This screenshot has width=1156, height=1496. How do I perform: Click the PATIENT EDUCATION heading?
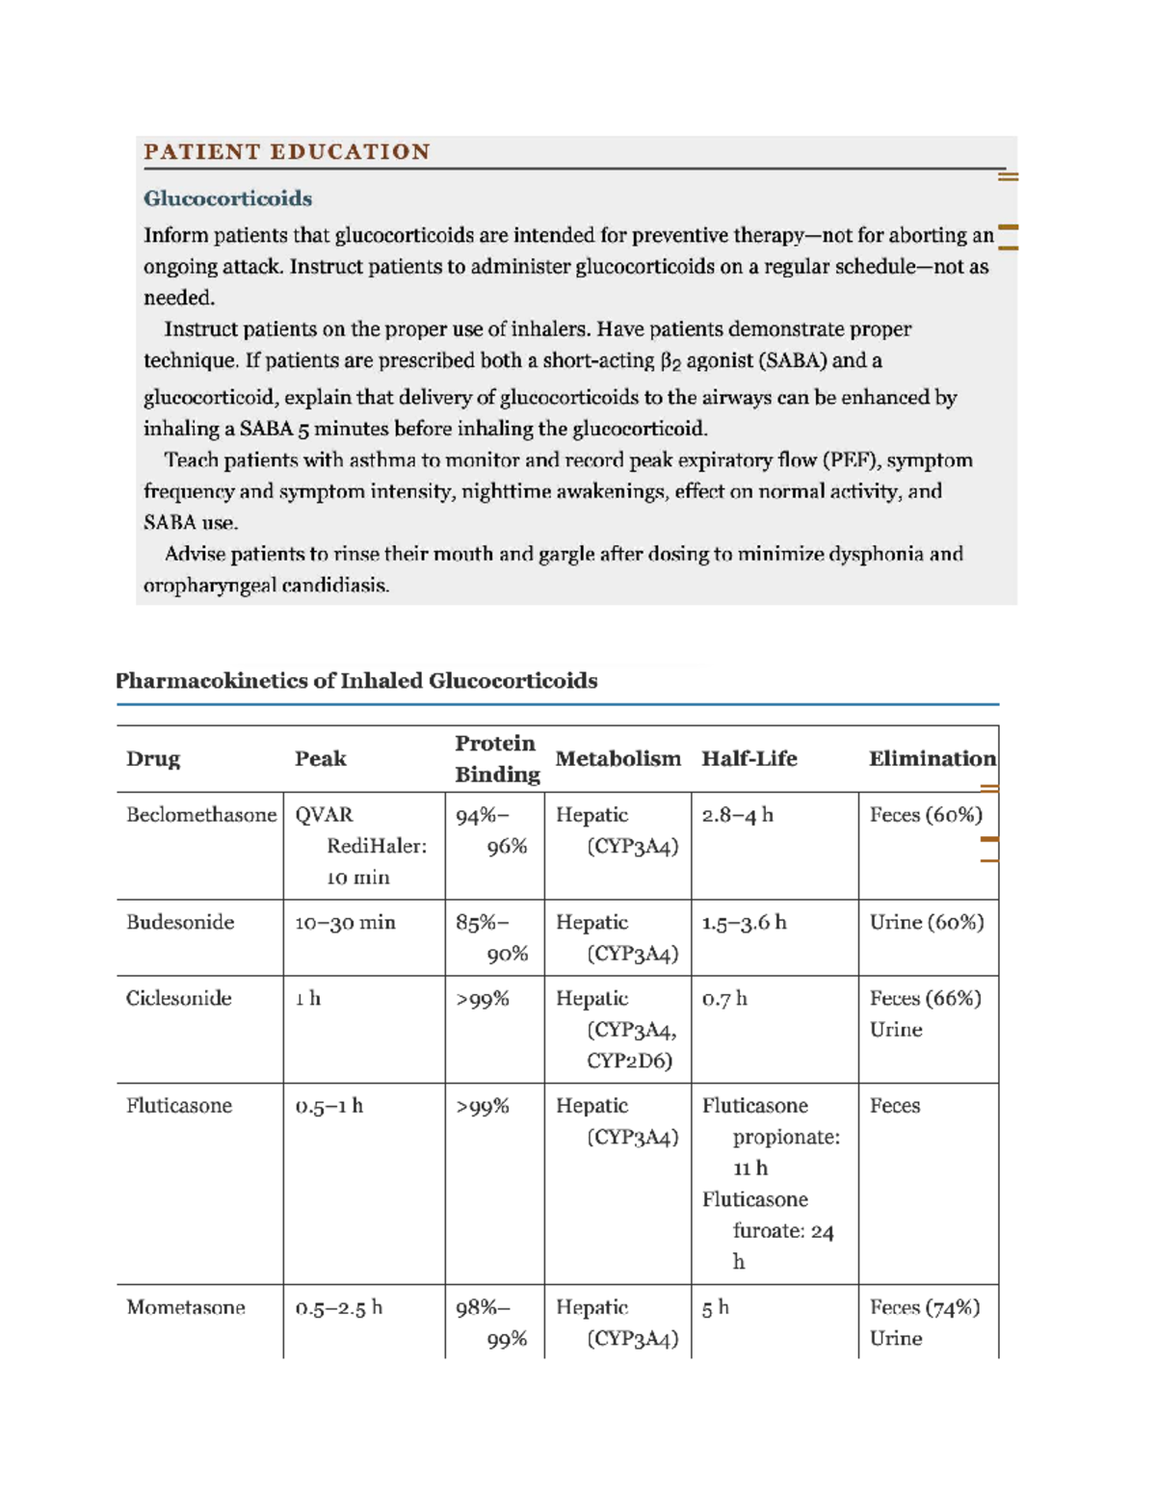[x=286, y=152]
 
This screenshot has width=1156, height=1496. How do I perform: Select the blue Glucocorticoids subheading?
[x=227, y=198]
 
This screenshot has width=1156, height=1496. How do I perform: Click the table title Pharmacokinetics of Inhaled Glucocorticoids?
[x=355, y=681]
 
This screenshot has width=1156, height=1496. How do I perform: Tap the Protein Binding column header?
[x=496, y=759]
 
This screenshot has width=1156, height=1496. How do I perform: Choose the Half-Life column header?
[x=749, y=759]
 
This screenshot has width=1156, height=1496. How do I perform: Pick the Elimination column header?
[x=932, y=759]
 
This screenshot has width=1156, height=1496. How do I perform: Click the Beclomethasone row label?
[x=200, y=815]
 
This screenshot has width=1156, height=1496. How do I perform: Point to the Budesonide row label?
[x=180, y=923]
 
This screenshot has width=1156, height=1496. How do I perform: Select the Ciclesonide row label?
[x=178, y=999]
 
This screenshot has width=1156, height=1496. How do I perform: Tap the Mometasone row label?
[x=185, y=1308]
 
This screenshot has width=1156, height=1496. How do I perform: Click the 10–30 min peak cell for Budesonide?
[x=345, y=923]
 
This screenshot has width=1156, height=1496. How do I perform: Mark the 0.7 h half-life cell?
[x=724, y=999]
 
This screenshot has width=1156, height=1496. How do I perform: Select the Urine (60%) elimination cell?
[x=926, y=923]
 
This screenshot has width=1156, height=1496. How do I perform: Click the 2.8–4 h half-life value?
[x=737, y=815]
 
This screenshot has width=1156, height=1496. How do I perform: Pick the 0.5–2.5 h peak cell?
[x=338, y=1308]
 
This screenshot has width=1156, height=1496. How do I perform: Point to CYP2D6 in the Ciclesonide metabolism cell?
[x=629, y=1062]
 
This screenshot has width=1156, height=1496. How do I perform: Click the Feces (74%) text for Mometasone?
[x=924, y=1308]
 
